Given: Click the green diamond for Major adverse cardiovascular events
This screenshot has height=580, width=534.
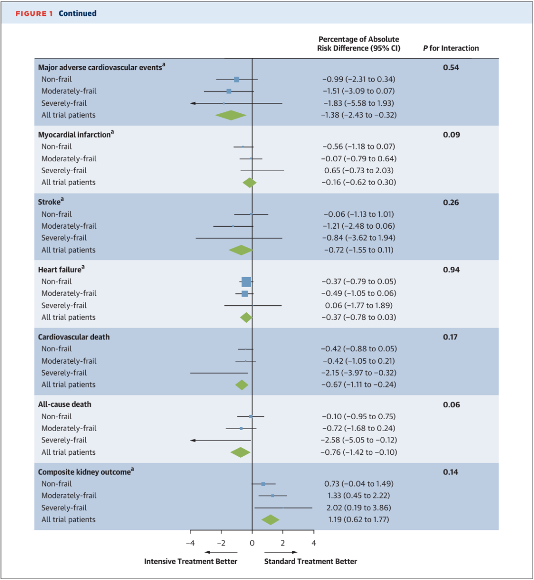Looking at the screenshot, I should (x=230, y=115).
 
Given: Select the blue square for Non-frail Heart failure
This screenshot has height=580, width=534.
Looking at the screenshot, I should (x=246, y=282).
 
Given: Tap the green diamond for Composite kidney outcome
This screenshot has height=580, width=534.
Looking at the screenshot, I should (x=270, y=520).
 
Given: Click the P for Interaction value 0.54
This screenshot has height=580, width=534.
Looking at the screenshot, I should (x=451, y=67).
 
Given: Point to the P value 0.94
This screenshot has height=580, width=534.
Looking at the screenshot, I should (x=451, y=270).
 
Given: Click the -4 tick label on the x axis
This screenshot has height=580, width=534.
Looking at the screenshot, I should (x=190, y=543).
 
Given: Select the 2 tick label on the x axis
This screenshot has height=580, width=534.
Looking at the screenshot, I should (x=283, y=543).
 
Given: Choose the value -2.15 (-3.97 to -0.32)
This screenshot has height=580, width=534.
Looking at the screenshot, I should (x=358, y=373).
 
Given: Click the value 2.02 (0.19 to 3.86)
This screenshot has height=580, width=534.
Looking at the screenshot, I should (x=358, y=508).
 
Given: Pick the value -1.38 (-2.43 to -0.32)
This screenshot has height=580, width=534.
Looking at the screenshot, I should (x=358, y=115).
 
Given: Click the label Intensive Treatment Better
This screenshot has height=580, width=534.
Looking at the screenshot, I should (x=190, y=561).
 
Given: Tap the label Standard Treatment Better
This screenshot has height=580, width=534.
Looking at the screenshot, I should (x=311, y=561).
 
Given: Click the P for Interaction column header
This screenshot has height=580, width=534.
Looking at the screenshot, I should (x=451, y=48).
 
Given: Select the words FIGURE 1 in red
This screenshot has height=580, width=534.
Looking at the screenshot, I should (x=34, y=13).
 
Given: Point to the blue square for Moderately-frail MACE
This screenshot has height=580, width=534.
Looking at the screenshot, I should (x=229, y=91).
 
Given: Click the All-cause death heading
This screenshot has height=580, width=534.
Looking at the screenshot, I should (x=65, y=404).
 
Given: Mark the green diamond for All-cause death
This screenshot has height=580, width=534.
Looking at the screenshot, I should (x=240, y=452).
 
